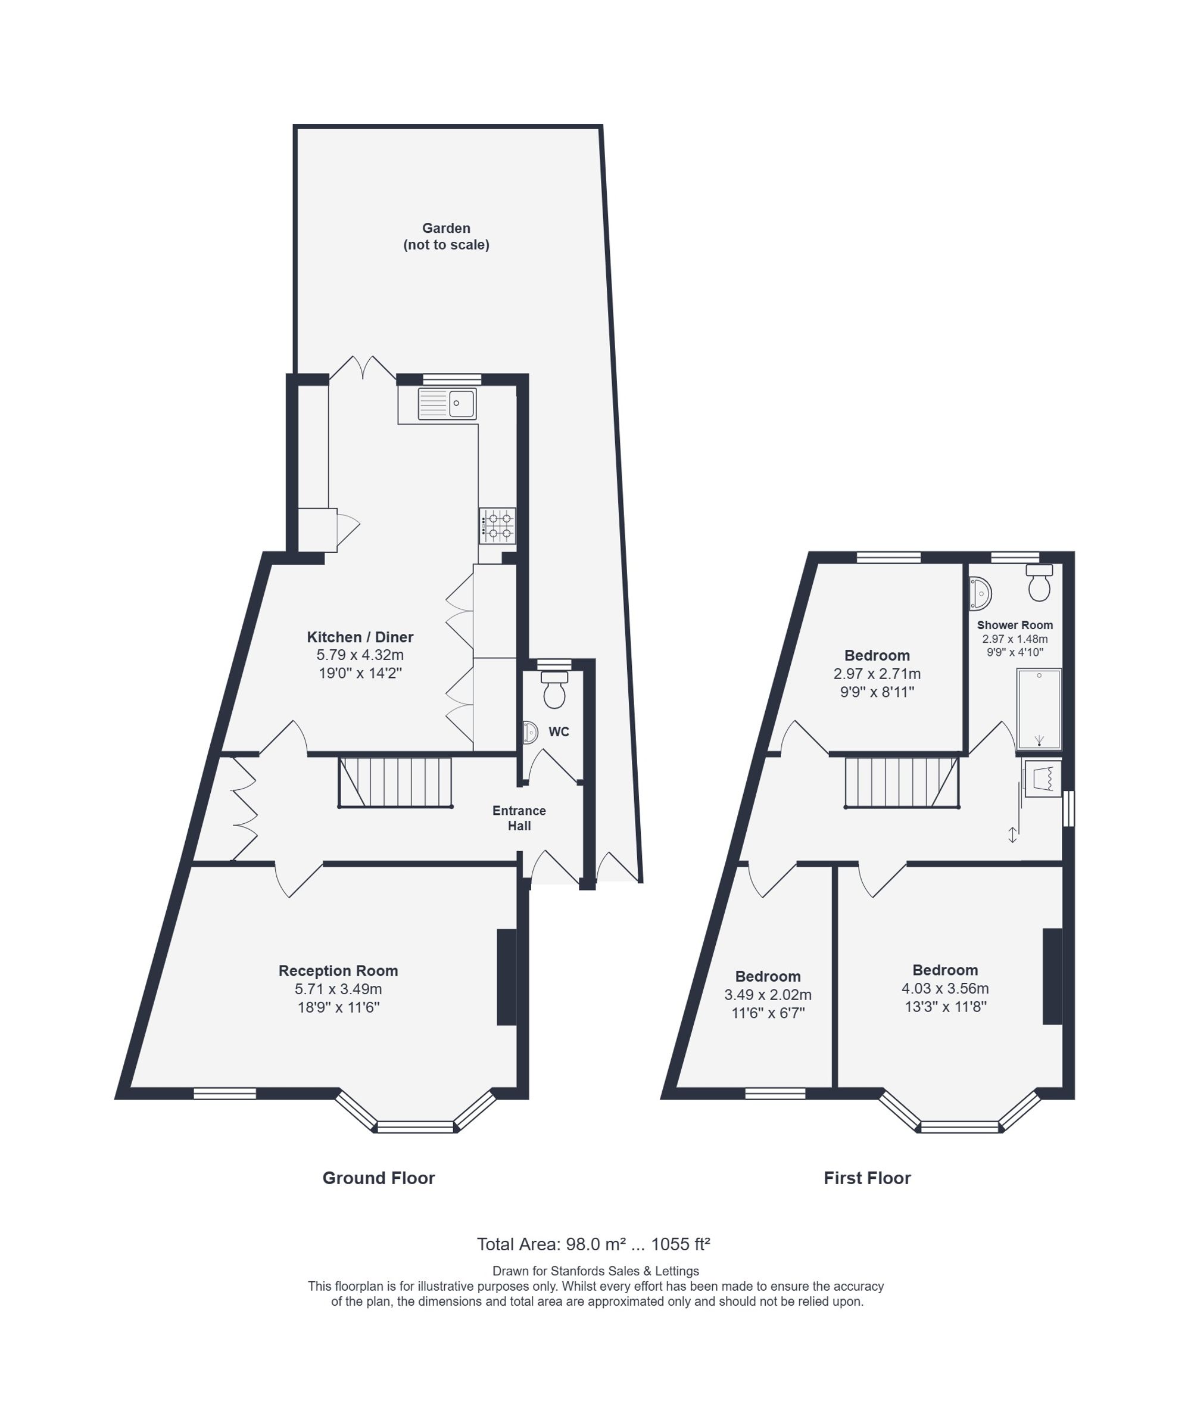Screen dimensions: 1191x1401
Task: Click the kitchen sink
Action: click(x=447, y=404)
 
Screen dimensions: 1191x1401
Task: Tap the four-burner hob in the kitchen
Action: click(x=498, y=525)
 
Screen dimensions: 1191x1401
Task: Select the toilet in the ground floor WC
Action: click(x=554, y=689)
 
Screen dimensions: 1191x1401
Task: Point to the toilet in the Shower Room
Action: click(x=1039, y=583)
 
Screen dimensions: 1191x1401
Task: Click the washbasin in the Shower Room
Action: click(x=980, y=593)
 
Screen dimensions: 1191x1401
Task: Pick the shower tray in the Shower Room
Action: click(x=1039, y=709)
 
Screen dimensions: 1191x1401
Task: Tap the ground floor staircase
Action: click(x=395, y=782)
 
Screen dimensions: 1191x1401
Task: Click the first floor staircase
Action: click(x=902, y=782)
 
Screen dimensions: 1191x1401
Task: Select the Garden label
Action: click(x=446, y=228)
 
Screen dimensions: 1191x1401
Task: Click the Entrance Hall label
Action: click(x=519, y=818)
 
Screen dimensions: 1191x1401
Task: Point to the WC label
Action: click(x=559, y=732)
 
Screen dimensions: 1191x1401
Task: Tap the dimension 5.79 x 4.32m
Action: click(x=360, y=655)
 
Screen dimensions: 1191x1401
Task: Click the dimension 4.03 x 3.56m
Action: click(x=945, y=988)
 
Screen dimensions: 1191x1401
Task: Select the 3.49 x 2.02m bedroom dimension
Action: click(x=768, y=995)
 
